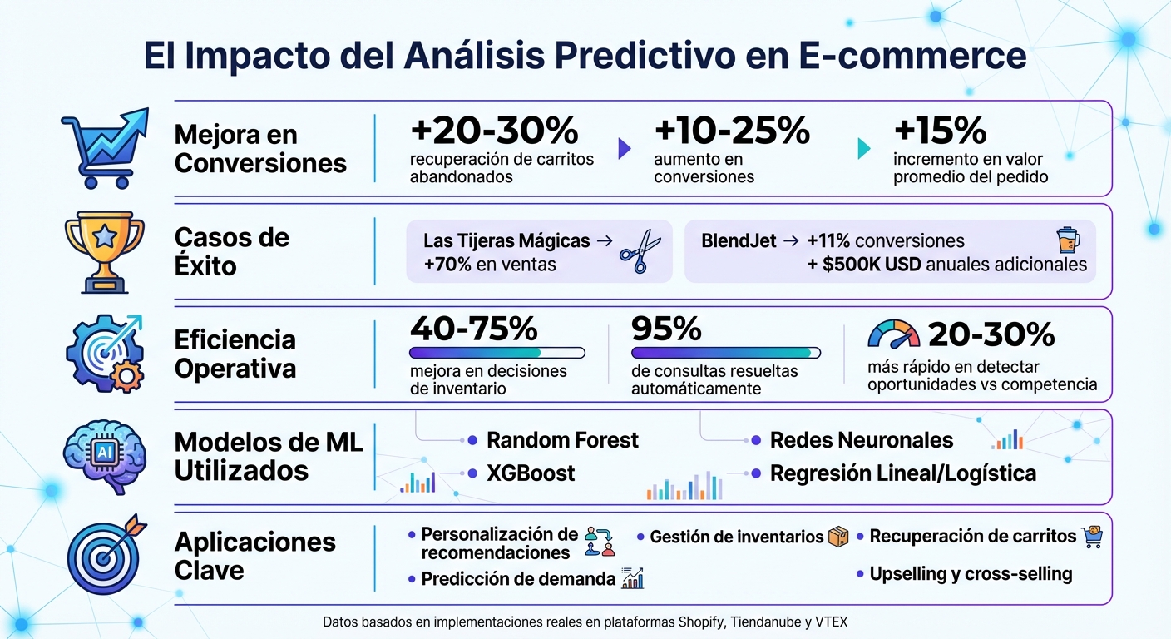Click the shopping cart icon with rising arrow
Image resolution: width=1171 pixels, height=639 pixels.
(104, 147)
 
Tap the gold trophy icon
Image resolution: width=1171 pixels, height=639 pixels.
(105, 251)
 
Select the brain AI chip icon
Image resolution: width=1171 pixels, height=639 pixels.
(105, 455)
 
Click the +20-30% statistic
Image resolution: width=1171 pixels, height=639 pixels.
(494, 131)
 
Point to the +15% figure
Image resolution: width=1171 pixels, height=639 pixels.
(940, 131)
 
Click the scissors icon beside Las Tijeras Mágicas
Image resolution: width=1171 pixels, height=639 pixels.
(640, 252)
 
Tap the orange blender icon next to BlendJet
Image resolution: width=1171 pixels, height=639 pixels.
(1068, 240)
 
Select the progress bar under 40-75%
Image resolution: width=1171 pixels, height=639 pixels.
(497, 353)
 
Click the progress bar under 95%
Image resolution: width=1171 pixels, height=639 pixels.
(726, 353)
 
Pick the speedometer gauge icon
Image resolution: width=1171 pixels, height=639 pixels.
(894, 334)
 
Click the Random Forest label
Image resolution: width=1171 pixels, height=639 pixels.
(562, 439)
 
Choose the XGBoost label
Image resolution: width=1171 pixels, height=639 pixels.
(531, 473)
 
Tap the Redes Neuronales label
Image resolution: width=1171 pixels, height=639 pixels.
(862, 439)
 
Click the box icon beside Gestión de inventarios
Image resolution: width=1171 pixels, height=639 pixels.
(838, 537)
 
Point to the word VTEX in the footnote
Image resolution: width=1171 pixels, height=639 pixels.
(831, 622)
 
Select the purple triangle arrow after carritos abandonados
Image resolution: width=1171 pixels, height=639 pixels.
(625, 149)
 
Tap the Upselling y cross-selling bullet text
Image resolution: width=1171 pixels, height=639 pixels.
(971, 574)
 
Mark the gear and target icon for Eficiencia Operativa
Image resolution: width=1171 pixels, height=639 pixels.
(105, 353)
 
